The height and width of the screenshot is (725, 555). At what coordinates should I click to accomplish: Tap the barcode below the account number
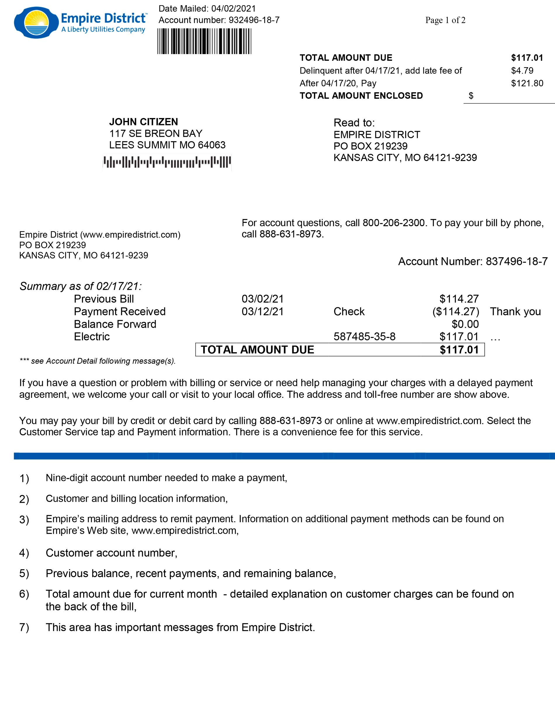coord(204,41)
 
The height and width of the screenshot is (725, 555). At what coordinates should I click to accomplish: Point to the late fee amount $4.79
coord(522,70)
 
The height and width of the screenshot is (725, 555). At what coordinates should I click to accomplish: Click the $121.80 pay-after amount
coord(527,83)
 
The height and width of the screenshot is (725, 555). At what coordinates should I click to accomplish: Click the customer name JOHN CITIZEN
coord(143,122)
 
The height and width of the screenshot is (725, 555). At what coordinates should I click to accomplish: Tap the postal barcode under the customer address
coord(167,162)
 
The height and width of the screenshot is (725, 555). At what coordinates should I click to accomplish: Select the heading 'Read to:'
coord(354,123)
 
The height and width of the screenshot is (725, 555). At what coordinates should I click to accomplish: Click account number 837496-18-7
coord(516,261)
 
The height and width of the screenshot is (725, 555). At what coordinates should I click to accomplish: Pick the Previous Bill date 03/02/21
coord(263,299)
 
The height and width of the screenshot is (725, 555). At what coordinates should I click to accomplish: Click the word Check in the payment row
coord(349,311)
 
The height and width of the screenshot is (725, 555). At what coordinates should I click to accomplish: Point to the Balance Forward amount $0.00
coord(465,324)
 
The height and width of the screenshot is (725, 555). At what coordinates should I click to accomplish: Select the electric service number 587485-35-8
coord(364,337)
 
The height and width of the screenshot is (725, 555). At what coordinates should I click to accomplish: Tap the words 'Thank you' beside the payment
coord(515,311)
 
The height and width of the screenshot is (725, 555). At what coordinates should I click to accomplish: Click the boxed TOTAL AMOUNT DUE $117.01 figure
coord(459,350)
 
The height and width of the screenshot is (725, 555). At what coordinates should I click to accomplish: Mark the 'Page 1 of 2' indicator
coord(445,20)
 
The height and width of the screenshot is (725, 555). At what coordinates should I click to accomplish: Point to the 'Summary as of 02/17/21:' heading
coord(81,286)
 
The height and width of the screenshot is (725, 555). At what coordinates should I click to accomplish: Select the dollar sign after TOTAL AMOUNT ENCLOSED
coord(471,96)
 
